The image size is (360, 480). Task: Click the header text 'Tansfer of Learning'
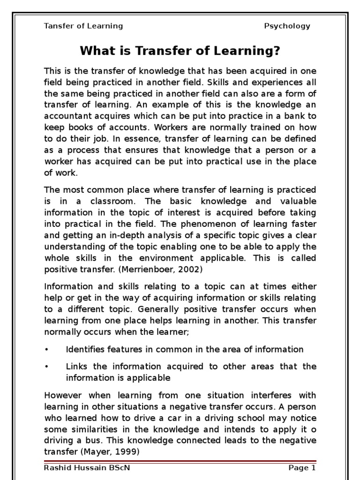tap(83, 26)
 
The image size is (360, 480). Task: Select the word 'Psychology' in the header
tap(287, 26)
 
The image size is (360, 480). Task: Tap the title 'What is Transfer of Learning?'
tap(180, 51)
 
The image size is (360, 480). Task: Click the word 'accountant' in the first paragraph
tap(66, 116)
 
